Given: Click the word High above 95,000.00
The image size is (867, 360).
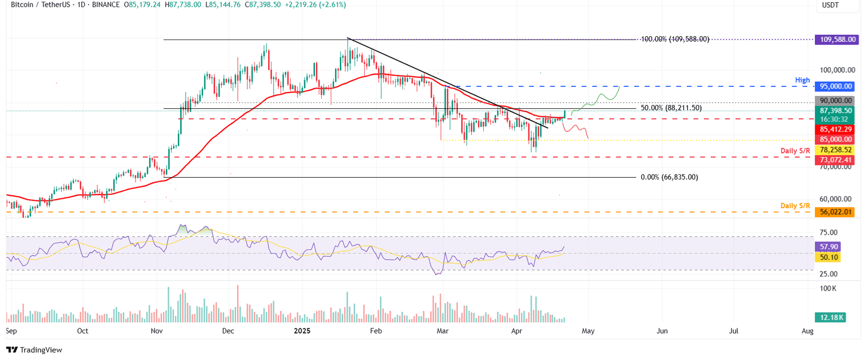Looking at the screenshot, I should tap(803, 81).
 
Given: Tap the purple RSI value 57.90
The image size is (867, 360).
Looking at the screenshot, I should tap(827, 247).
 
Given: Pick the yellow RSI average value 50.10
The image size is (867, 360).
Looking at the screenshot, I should tap(827, 257).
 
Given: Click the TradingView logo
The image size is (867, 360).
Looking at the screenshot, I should tap(34, 350).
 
